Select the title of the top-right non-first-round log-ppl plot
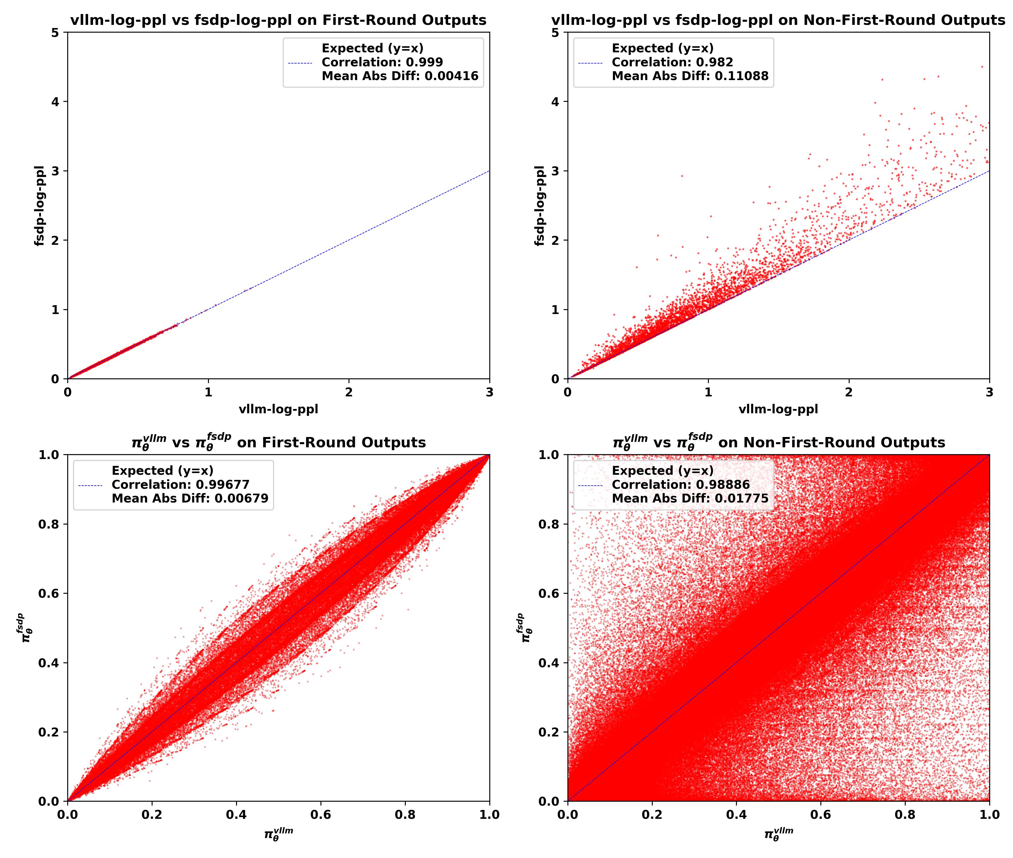[778, 20]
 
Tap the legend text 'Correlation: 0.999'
[382, 62]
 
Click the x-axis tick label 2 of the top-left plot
[349, 392]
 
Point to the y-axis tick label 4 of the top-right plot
[555, 102]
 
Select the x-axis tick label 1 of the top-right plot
[708, 392]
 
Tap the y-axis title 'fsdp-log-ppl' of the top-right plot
[539, 206]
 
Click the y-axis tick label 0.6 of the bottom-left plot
[49, 593]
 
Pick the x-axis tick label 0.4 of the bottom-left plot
[236, 815]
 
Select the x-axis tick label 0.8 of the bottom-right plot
[905, 815]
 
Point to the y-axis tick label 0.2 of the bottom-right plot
[549, 732]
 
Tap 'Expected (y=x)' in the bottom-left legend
[163, 470]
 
